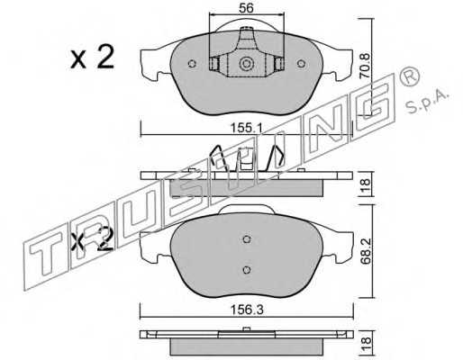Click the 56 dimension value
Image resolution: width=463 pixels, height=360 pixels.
pyautogui.click(x=246, y=8)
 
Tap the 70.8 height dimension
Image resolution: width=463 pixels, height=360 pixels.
pyautogui.click(x=366, y=66)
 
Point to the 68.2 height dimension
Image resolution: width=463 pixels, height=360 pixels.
pyautogui.click(x=366, y=251)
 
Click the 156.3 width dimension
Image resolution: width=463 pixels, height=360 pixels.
pyautogui.click(x=247, y=310)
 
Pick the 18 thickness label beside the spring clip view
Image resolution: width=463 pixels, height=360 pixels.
pyautogui.click(x=366, y=184)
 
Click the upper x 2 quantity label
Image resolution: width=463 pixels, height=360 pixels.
pyautogui.click(x=93, y=57)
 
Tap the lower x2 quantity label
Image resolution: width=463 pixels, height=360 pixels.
pyautogui.click(x=93, y=239)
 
